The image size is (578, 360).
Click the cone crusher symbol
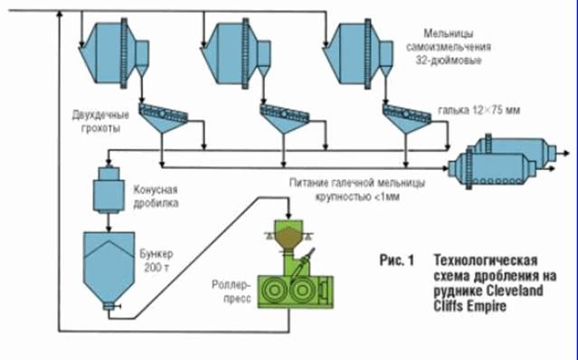108,190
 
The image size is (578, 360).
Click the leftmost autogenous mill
114,53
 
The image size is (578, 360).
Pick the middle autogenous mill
235,53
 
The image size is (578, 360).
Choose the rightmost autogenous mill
357,53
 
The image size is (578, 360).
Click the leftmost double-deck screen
163,118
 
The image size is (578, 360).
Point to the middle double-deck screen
285,118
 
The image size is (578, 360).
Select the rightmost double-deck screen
407,118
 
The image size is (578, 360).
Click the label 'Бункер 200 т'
156,261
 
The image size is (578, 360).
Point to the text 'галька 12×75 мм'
479,110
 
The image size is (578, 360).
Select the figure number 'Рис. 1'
396,261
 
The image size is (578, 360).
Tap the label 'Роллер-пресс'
232,291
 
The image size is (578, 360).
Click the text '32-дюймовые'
449,60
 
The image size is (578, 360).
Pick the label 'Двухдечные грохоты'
100,122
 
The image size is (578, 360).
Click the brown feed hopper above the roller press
289,238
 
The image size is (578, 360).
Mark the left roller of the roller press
274,290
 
